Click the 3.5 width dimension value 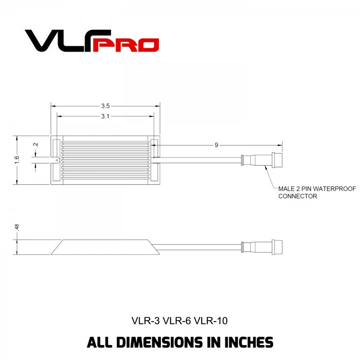point(105,106)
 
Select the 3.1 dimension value point(105,116)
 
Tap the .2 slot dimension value point(36,145)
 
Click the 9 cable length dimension point(216,145)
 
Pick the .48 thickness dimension point(17,227)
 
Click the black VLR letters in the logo point(60,41)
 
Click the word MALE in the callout point(287,188)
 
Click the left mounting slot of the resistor point(56,160)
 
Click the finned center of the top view point(105,160)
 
